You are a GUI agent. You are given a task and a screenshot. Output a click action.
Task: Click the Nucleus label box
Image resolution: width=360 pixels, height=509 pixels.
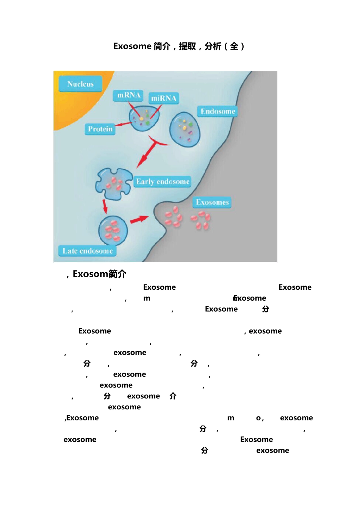pyautogui.click(x=80, y=84)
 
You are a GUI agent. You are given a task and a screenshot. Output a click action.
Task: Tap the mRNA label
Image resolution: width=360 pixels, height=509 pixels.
pyautogui.click(x=129, y=95)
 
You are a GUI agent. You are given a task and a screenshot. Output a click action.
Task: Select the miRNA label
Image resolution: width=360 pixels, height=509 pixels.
pyautogui.click(x=163, y=98)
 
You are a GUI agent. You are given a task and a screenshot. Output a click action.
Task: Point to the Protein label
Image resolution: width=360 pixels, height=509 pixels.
pyautogui.click(x=100, y=129)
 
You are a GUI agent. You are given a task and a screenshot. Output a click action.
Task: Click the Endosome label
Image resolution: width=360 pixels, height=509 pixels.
pyautogui.click(x=218, y=111)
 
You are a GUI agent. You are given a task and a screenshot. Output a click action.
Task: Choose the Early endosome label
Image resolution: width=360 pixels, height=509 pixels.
pyautogui.click(x=163, y=181)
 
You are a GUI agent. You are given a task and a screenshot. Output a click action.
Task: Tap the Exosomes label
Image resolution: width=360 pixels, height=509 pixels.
pyautogui.click(x=212, y=202)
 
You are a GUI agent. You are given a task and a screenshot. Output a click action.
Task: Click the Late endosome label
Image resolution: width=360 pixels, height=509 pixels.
pyautogui.click(x=88, y=251)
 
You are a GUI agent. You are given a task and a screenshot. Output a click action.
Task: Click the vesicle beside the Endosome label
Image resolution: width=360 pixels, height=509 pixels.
pyautogui.click(x=185, y=129)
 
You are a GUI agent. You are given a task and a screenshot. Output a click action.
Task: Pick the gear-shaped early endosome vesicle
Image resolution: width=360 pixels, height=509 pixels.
pyautogui.click(x=113, y=184)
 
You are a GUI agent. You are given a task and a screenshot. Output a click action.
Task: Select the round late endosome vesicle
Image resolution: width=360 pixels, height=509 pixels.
pyautogui.click(x=113, y=230)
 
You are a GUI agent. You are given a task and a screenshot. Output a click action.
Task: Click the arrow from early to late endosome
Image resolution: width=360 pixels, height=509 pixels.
pyautogui.click(x=105, y=206)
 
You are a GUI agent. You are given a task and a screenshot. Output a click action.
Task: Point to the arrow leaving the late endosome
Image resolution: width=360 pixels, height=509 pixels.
pyautogui.click(x=139, y=219)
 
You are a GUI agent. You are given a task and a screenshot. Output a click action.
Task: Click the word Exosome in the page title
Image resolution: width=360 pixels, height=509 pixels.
pyautogui.click(x=132, y=46)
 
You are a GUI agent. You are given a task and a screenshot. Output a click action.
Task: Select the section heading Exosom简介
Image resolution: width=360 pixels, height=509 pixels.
pyautogui.click(x=99, y=274)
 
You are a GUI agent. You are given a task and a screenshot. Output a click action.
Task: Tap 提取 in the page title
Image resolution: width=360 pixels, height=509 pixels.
pyautogui.click(x=187, y=46)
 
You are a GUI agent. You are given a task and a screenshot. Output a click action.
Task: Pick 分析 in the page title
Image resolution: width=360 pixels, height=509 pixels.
pyautogui.click(x=213, y=46)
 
